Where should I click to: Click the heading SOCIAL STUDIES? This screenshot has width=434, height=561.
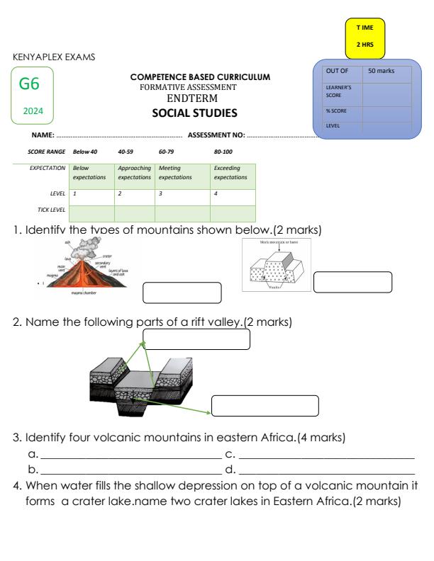click(194, 113)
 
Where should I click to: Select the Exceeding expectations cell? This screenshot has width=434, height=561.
click(232, 173)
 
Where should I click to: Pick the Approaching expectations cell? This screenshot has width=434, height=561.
click(134, 173)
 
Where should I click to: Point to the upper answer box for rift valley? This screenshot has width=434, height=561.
click(196, 339)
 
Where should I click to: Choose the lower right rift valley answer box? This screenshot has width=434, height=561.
click(265, 406)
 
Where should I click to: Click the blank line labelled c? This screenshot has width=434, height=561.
click(326, 458)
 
